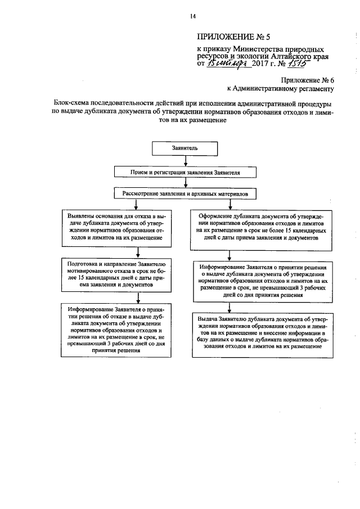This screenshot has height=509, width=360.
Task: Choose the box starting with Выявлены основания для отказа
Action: (118, 227)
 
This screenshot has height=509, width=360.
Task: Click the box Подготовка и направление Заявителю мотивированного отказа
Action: (118, 274)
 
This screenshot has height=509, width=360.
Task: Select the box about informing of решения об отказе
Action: (118, 329)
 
